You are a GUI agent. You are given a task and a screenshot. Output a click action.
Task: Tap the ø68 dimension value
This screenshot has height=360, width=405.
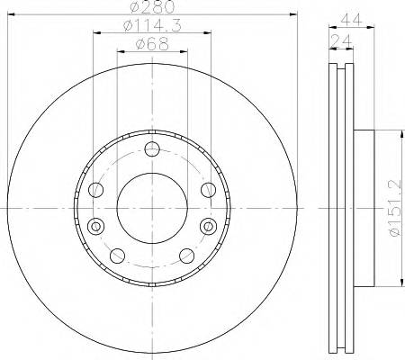(152, 48)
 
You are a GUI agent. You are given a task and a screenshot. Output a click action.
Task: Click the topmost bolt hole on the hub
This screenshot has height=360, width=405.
(152, 148)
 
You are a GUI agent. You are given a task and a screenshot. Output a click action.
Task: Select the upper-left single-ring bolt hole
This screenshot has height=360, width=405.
(96, 189)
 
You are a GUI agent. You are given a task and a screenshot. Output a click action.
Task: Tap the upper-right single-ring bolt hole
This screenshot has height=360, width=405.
(208, 189)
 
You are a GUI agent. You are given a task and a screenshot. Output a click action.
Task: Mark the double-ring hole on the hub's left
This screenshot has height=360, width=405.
(96, 225)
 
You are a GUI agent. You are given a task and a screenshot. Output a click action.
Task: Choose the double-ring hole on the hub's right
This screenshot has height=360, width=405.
(208, 225)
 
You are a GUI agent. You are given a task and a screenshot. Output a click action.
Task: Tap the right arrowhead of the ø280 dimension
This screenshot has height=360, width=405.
(292, 16)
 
